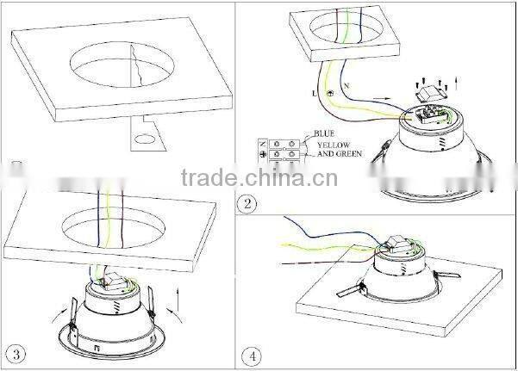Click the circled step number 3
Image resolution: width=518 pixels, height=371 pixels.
click(x=15, y=353)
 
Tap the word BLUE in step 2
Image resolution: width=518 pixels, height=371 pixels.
click(x=324, y=134)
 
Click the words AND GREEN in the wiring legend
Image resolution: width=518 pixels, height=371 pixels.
click(x=338, y=156)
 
